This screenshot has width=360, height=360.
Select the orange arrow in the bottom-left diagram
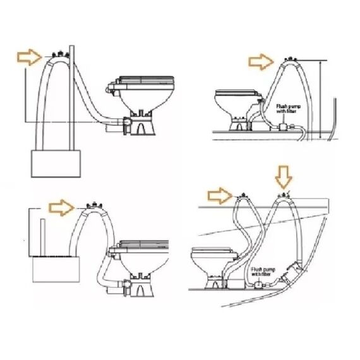point(61,205)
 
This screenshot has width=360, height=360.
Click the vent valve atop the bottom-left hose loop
point(92,205)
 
